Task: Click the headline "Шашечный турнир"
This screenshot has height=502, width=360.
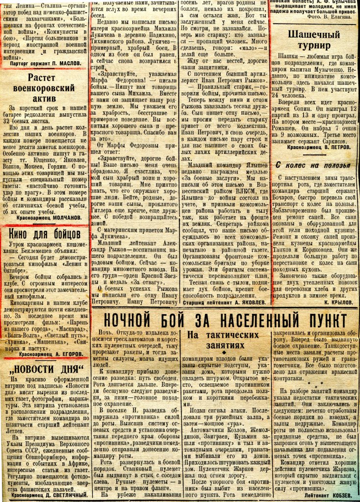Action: tap(313, 40)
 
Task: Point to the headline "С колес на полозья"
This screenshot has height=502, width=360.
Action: tap(313, 165)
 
